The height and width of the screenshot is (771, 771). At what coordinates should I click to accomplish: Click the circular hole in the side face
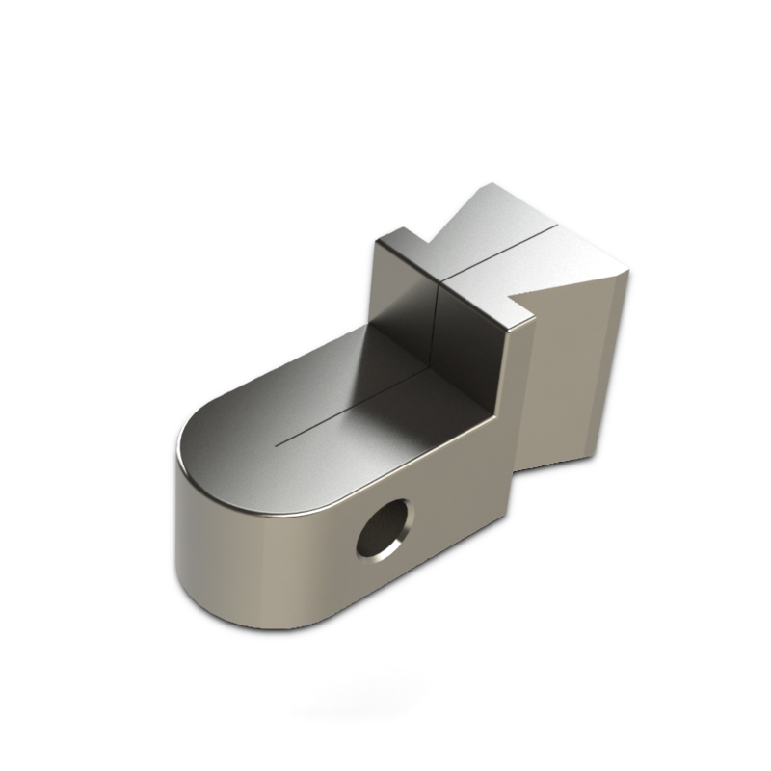(x=383, y=530)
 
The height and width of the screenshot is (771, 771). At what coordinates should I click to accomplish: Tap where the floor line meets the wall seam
(x=435, y=364)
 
